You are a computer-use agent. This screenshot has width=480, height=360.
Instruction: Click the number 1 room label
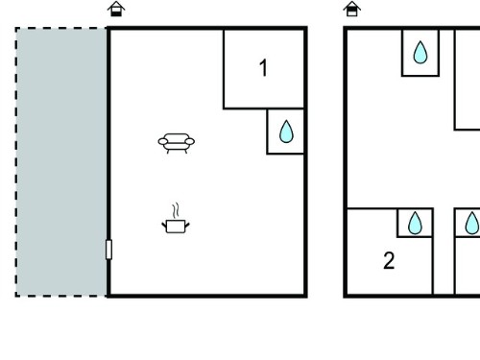(x=263, y=68)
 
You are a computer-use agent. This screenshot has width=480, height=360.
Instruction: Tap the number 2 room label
(x=389, y=260)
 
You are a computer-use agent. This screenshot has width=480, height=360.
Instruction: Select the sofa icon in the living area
(x=177, y=143)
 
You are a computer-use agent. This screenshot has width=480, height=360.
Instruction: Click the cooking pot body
(x=176, y=227)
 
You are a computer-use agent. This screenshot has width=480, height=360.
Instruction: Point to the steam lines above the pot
(x=176, y=210)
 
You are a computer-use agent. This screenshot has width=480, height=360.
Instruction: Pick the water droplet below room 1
(x=286, y=132)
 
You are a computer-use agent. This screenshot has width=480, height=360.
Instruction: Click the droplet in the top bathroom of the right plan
(x=420, y=52)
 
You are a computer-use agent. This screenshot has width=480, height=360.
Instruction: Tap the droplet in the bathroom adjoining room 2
(x=415, y=223)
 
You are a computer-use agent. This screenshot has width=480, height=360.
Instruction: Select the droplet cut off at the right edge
(x=472, y=223)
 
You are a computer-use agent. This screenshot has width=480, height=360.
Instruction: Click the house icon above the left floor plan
(x=116, y=9)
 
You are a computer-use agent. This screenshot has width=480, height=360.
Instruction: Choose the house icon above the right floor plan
(x=352, y=9)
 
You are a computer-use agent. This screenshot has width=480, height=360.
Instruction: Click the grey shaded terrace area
(x=61, y=162)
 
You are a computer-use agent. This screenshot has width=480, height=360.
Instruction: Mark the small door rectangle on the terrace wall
(x=108, y=250)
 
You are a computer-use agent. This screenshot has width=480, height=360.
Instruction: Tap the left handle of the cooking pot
(x=164, y=225)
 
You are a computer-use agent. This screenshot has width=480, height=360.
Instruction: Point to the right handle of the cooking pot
(x=187, y=225)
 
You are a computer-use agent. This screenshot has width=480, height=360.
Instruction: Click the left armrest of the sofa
(x=163, y=141)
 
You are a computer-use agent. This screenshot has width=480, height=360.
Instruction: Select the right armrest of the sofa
(x=190, y=141)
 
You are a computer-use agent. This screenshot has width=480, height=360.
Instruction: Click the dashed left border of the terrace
(x=16, y=162)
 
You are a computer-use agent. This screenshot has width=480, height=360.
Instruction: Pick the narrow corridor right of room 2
(x=444, y=252)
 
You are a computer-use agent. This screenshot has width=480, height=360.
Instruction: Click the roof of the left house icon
(x=116, y=5)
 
